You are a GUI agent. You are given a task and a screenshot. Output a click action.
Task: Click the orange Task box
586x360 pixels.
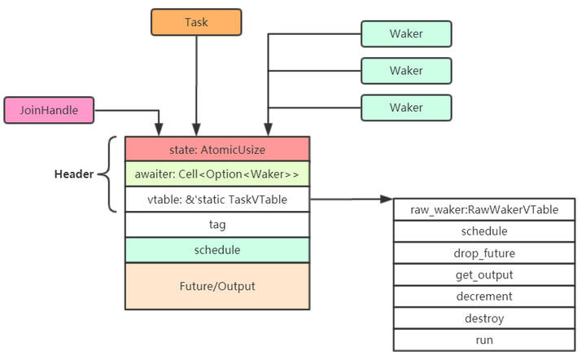(x=196, y=22)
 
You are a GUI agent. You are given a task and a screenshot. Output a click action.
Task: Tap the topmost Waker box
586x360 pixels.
(x=405, y=33)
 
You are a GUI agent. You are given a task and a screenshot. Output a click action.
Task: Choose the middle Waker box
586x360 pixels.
(x=405, y=70)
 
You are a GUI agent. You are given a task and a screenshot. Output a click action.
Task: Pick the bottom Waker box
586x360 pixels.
(x=405, y=108)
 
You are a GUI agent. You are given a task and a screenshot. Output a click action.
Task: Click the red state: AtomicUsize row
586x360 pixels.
(x=217, y=149)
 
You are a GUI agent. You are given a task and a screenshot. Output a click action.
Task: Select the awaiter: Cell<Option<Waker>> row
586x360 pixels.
(x=217, y=174)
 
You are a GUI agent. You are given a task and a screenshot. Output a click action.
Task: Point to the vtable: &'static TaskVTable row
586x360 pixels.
(x=217, y=199)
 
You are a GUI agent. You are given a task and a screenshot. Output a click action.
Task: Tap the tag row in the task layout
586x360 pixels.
(x=217, y=224)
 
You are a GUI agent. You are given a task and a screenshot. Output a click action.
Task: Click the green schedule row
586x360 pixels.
(x=217, y=249)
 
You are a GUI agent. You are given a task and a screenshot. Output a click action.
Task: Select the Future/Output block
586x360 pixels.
(x=217, y=286)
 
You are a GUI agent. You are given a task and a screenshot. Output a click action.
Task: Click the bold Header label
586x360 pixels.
(x=74, y=174)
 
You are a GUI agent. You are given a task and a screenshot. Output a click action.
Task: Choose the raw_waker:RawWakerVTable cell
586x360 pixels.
(x=484, y=209)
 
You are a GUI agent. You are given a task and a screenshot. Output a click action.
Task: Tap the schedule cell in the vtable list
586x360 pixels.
(x=484, y=231)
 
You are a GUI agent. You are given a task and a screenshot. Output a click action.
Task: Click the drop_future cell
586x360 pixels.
(x=484, y=253)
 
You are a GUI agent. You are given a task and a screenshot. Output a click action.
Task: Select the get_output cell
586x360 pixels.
(x=484, y=274)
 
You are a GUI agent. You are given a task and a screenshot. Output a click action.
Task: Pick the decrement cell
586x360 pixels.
(x=484, y=296)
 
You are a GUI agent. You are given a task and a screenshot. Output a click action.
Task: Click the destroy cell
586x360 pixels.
(x=484, y=318)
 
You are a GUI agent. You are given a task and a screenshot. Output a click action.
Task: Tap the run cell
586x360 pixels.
(x=484, y=340)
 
